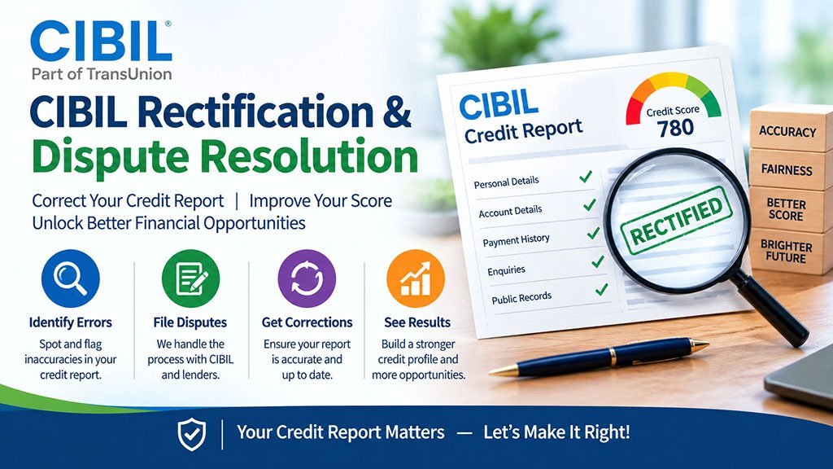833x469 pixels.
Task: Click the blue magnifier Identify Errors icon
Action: click(x=70, y=278)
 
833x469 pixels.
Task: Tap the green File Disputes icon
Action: click(x=190, y=278)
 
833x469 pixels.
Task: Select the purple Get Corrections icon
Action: click(x=307, y=278)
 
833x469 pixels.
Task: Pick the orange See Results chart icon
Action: click(x=416, y=278)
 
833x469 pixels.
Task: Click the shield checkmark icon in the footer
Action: click(x=192, y=434)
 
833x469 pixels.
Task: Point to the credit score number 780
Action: click(x=675, y=128)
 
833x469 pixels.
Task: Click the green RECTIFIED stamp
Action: click(x=676, y=220)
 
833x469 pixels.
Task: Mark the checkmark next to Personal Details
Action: click(x=586, y=176)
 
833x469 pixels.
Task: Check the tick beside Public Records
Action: click(x=601, y=289)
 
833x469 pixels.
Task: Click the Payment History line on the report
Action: click(x=516, y=240)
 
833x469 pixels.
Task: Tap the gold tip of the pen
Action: click(x=502, y=370)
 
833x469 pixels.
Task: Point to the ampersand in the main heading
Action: click(x=396, y=111)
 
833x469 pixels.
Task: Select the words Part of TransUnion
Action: click(x=102, y=74)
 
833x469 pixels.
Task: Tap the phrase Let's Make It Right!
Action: click(x=556, y=432)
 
